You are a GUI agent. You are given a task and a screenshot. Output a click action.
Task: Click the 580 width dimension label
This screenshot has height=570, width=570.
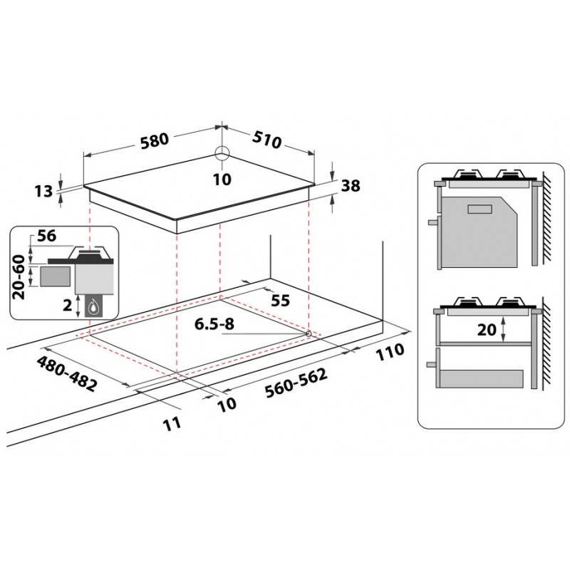[155, 140]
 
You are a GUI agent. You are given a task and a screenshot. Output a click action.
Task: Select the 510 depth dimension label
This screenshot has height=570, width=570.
[267, 140]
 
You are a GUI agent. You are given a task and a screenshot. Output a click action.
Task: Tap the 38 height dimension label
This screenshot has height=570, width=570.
[351, 186]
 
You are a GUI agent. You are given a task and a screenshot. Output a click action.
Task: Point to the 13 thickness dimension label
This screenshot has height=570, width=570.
[43, 191]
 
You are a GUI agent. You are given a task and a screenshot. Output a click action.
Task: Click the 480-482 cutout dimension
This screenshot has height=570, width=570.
[67, 373]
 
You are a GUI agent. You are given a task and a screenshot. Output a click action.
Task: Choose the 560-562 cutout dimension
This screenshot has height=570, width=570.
[296, 383]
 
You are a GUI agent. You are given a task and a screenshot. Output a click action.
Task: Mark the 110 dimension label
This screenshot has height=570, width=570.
[390, 352]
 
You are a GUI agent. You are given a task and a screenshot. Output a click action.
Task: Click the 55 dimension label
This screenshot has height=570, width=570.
[281, 301]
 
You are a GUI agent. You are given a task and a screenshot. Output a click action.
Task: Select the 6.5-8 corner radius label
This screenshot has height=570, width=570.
[214, 324]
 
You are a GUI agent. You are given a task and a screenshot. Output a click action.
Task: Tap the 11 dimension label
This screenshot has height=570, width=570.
[172, 424]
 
